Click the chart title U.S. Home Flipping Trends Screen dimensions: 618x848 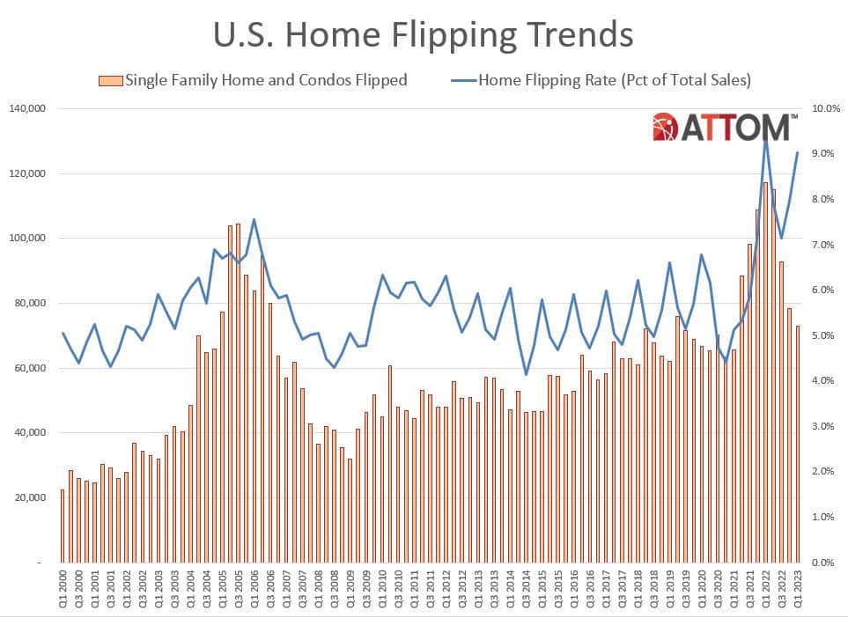click(x=424, y=35)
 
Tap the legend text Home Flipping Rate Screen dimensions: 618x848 click(x=614, y=81)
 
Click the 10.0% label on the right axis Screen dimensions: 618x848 click(x=828, y=109)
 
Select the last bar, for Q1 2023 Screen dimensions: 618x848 click(x=798, y=444)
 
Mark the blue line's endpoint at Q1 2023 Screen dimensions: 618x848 click(x=798, y=152)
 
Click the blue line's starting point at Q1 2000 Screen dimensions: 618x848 click(x=63, y=333)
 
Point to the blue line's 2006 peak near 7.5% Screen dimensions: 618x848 click(x=254, y=220)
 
